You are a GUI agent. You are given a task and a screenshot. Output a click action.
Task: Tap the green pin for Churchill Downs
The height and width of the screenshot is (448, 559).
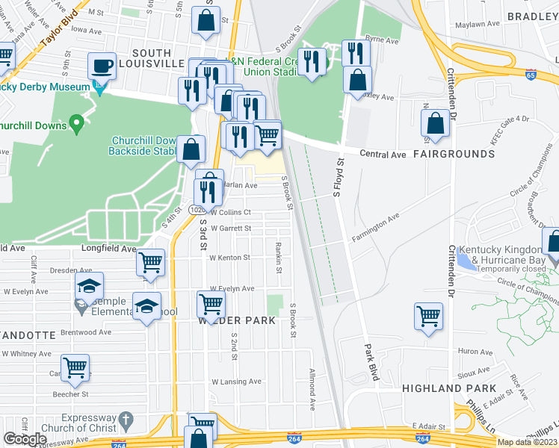pyautogui.click(x=75, y=122)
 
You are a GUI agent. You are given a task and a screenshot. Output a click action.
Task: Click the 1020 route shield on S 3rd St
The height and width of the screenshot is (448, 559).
pyautogui.click(x=197, y=211)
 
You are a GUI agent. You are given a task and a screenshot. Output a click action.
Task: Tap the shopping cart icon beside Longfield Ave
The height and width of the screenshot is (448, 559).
pyautogui.click(x=150, y=263)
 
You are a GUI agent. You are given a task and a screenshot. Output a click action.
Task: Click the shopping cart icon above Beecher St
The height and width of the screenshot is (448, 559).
pyautogui.click(x=75, y=367)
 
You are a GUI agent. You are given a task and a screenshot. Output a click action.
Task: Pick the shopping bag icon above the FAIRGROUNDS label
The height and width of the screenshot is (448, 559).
pyautogui.click(x=435, y=124)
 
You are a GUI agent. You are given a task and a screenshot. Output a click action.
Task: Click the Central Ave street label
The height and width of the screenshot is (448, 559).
pyautogui.click(x=382, y=155)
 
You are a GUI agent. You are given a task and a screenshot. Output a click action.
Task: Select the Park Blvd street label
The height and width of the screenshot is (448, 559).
pyautogui.click(x=371, y=363)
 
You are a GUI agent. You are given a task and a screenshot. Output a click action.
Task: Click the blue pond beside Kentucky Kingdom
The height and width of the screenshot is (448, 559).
pyautogui.click(x=465, y=261)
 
